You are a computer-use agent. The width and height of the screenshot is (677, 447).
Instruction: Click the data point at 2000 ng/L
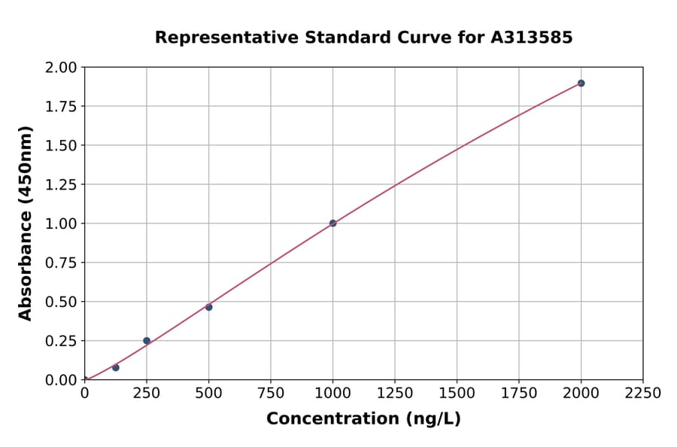(581, 83)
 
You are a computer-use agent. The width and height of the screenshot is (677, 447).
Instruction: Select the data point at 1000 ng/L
(332, 223)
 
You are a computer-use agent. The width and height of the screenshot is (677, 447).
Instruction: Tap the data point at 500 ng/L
(208, 307)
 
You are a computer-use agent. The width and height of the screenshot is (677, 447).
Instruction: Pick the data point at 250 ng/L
(147, 340)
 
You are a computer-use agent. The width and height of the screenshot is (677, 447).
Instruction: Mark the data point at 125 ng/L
(115, 367)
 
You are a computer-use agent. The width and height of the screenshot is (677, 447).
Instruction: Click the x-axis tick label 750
(271, 394)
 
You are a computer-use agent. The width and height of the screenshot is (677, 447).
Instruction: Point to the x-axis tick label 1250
(395, 394)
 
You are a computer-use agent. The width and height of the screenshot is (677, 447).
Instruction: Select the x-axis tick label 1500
(457, 394)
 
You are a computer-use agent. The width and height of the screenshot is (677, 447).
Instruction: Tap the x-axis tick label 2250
(643, 394)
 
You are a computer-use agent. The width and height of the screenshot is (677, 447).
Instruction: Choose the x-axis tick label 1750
(519, 394)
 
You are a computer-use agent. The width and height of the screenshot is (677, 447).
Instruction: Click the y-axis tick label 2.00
(61, 68)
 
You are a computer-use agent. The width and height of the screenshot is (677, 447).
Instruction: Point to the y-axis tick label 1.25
(61, 184)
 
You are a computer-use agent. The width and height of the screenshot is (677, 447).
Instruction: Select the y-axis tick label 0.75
(61, 263)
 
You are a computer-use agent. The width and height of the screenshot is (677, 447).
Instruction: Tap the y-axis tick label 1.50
(61, 145)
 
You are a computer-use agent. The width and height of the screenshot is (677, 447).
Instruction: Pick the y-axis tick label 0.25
(61, 341)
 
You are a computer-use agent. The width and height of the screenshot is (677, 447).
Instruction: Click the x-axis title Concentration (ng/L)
(363, 419)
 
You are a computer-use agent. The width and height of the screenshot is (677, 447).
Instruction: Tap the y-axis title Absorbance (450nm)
(26, 223)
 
